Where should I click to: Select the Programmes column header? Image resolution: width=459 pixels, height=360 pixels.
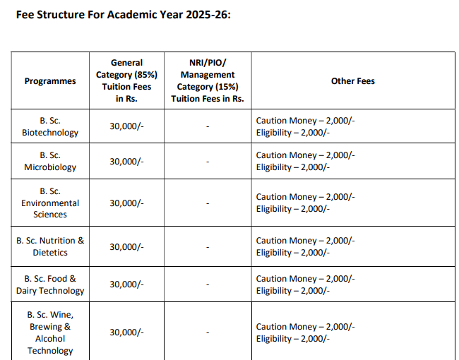click(x=50, y=81)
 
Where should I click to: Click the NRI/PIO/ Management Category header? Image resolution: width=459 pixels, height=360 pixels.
click(x=208, y=80)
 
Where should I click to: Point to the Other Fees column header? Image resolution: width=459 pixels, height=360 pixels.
click(x=352, y=81)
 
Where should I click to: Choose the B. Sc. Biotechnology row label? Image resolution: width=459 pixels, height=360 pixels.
click(x=50, y=126)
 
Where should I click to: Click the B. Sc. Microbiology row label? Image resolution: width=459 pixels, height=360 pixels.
click(x=50, y=161)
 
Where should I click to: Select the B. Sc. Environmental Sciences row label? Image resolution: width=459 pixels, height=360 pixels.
click(x=50, y=203)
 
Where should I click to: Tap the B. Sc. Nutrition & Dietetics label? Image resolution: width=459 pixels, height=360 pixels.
click(x=50, y=246)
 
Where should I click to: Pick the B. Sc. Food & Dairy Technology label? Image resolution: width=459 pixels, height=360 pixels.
click(x=50, y=284)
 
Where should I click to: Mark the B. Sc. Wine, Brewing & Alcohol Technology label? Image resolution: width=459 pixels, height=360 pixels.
click(x=50, y=332)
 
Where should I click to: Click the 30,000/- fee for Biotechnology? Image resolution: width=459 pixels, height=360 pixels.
click(x=126, y=127)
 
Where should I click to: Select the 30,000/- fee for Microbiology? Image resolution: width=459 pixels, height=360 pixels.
click(x=126, y=162)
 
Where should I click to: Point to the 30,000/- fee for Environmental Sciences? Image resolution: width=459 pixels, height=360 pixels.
click(x=126, y=203)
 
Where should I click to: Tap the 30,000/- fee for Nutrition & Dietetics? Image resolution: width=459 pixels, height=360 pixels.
click(x=126, y=247)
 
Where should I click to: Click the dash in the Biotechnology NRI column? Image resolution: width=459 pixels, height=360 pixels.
click(x=208, y=127)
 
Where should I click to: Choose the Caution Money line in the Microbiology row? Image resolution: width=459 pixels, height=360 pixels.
click(x=305, y=155)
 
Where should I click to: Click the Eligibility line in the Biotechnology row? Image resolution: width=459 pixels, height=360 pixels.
click(x=293, y=133)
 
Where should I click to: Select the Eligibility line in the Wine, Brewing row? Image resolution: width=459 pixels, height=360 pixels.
click(x=293, y=339)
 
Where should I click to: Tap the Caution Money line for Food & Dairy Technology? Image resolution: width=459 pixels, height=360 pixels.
click(x=305, y=279)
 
